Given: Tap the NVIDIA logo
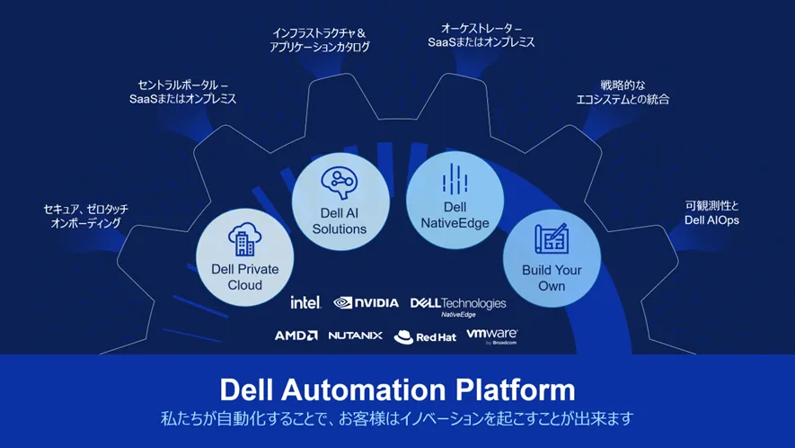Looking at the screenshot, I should point(366,303).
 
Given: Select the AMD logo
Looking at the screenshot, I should point(296,336).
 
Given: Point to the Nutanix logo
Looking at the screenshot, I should point(355,336).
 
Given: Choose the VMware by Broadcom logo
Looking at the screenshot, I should point(491,336).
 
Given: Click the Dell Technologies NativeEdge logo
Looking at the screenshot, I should point(458,306).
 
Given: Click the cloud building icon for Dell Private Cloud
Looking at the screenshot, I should point(244,238).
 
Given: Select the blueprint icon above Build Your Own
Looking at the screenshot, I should point(552,238).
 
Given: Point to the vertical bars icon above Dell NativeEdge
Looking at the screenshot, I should point(455,179).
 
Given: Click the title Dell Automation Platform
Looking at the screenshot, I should point(397,390).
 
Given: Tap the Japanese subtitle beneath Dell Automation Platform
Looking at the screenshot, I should point(397,418).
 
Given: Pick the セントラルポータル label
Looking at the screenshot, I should point(182,92).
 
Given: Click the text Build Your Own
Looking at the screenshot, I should point(552,277).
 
